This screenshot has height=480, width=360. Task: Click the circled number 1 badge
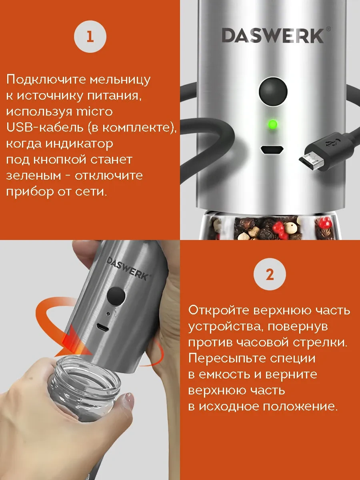(90, 37)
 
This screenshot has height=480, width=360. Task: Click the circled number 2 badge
(270, 275)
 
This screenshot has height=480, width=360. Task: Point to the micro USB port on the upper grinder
(272, 150)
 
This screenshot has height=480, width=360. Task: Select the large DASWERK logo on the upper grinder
(273, 36)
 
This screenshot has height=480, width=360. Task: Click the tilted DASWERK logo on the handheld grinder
(128, 268)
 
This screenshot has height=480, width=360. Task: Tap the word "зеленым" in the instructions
(34, 175)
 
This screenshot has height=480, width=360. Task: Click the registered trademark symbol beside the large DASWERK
(328, 29)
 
